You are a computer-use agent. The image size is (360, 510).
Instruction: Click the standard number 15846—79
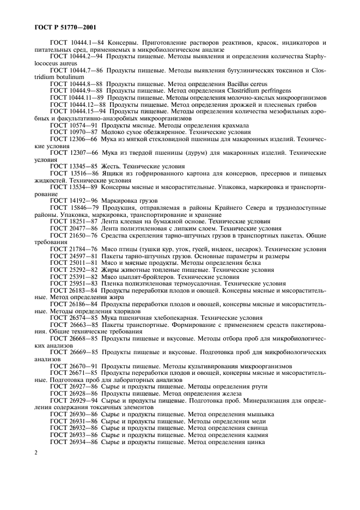tap(82, 208)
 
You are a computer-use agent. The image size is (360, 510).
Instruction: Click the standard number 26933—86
tap(82, 435)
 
